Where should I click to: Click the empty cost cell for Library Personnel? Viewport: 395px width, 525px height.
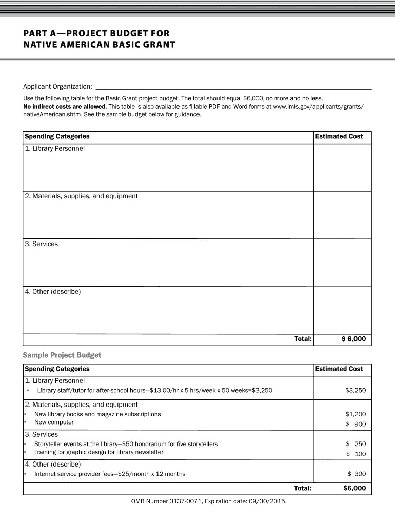342,167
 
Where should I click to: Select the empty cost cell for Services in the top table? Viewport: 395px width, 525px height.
342,262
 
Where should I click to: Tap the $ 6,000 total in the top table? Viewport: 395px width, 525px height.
353,339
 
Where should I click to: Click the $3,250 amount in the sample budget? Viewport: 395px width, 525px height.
355,391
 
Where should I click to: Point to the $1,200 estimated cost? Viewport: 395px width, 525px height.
355,414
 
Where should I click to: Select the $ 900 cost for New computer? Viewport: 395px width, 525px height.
355,424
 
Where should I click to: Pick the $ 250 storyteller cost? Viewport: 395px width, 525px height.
355,444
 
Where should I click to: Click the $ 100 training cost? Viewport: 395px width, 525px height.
355,454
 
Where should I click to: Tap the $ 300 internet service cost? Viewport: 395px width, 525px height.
356,474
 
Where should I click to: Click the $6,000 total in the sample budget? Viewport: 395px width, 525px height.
354,488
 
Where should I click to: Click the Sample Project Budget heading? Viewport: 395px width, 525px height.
62,355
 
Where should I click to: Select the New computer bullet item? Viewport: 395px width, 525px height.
54,422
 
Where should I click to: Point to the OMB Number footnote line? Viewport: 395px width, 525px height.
208,501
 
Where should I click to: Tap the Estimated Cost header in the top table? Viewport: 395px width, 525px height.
339,136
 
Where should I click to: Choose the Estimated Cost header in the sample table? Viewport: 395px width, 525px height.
339,369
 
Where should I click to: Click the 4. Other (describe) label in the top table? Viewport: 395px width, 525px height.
52,292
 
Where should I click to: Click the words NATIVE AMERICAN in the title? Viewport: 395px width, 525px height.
62,45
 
